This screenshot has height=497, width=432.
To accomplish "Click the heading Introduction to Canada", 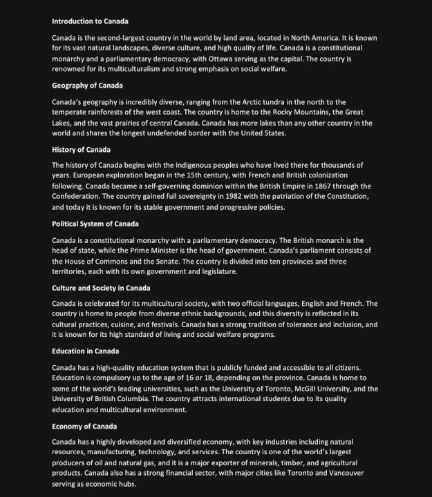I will pos(90,21).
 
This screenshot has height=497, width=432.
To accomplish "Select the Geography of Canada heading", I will pos(87,86).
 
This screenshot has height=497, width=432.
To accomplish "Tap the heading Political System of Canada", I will pos(95,224).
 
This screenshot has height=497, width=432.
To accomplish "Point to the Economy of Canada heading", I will pos(84,426).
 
